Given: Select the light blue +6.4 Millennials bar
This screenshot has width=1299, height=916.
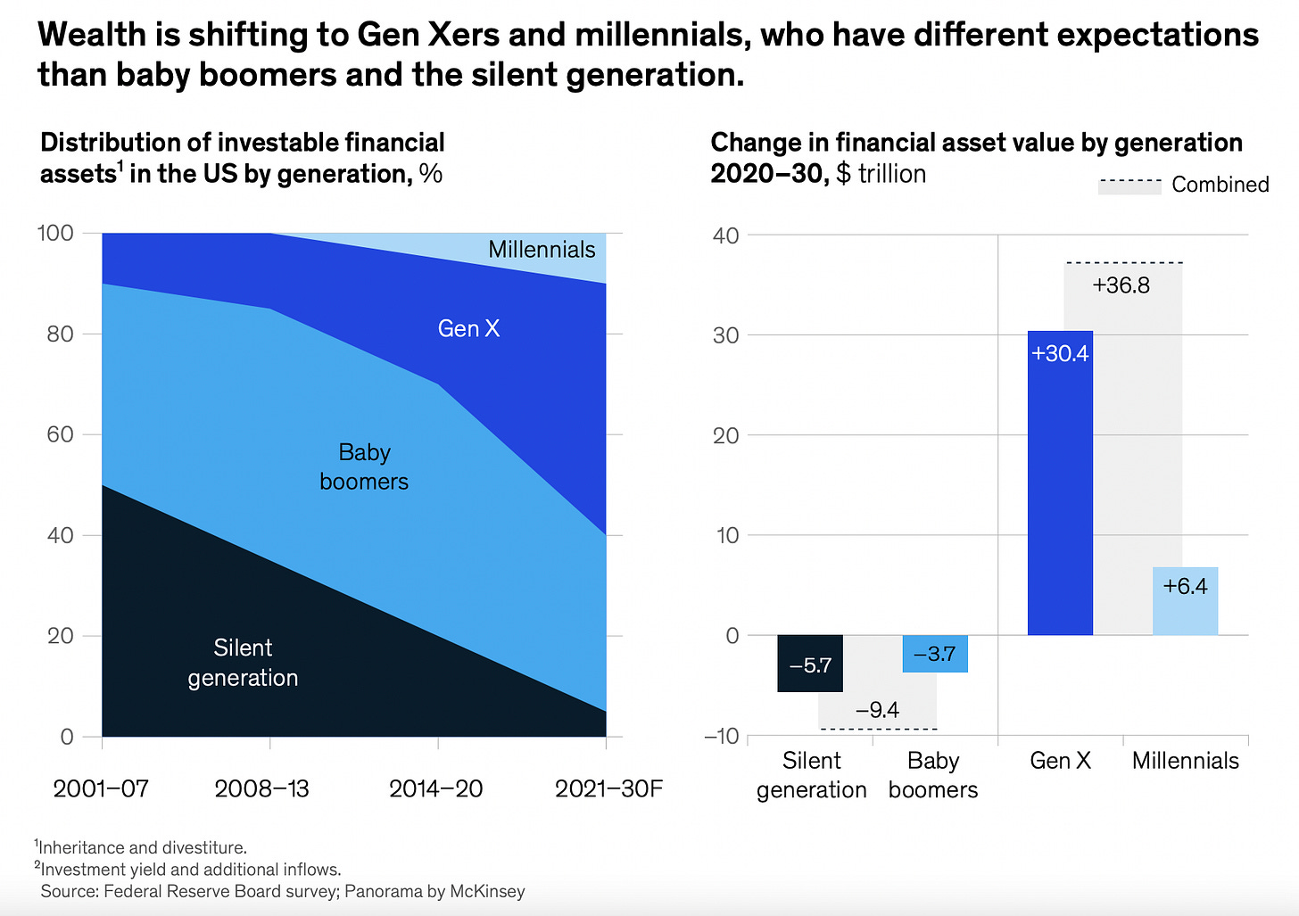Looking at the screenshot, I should pos(1185,601).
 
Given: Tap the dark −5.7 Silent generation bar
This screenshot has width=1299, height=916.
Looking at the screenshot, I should pos(810,664).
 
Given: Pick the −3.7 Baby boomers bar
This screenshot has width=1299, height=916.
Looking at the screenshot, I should pos(935,653).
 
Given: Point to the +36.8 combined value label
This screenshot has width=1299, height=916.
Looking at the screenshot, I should pos(1121,285).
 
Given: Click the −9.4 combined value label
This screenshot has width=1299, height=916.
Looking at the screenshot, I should pos(877,710).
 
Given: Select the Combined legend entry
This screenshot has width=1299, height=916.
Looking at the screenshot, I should pos(1184,185).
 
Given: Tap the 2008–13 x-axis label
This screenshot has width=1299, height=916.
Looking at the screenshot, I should pos(262,788).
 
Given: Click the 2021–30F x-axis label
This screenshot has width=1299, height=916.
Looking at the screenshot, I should pos(608,788).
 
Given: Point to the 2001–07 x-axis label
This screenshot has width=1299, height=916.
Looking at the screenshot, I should pos(101,788).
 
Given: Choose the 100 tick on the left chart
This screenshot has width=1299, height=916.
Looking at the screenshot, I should pos(55,233).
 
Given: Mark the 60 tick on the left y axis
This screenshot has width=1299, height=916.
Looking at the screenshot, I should pos(60,434).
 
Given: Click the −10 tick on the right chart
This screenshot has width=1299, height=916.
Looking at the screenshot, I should pos(722,736).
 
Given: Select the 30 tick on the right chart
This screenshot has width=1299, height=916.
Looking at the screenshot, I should pos(726,335).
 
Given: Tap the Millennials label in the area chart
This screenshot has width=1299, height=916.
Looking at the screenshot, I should pos(542,250).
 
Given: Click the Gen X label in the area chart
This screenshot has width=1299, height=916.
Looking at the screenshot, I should pos(468,329).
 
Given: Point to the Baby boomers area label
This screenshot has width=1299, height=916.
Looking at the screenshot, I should pos(364,466).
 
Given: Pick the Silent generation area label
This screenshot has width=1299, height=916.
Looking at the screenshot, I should pos(243,663).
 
